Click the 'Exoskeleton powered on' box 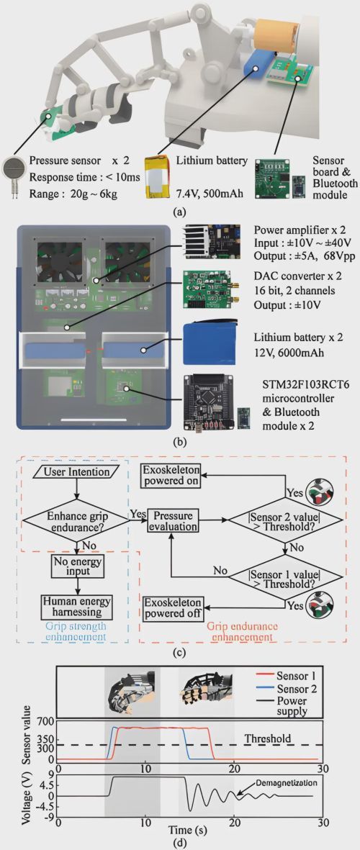(171, 474)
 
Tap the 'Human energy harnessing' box (76, 602)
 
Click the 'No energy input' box (76, 565)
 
